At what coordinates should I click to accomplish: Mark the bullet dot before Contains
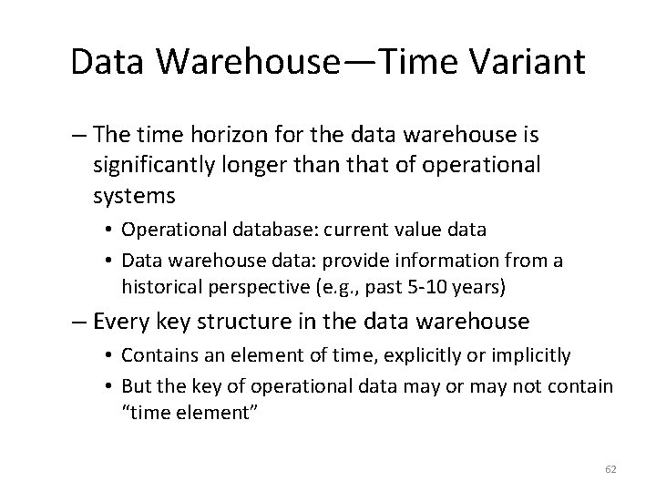(109, 354)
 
